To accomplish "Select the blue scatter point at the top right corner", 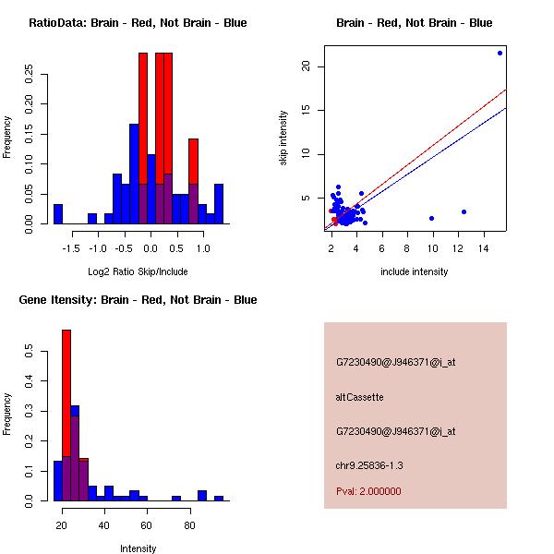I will [500, 53].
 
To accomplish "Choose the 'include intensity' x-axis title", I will [414, 271].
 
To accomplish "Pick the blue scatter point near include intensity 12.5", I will [464, 211].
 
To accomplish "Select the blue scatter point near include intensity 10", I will [431, 218].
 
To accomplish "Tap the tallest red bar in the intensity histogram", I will [66, 415].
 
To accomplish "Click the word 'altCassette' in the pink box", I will [359, 397].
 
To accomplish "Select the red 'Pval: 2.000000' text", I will [368, 491].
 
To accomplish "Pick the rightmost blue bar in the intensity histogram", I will [219, 498].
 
